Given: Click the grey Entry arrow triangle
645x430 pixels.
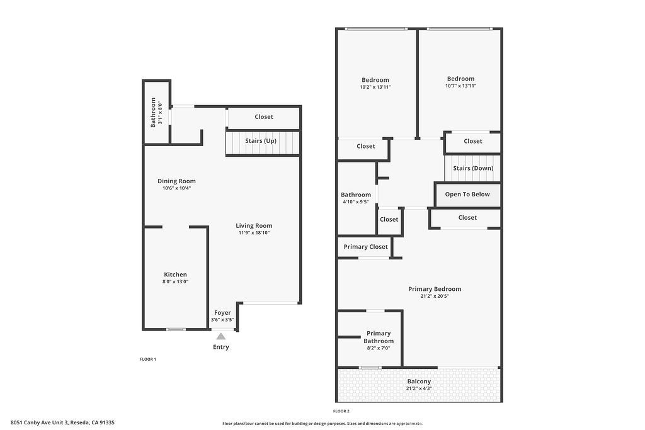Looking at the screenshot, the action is [x=221, y=336].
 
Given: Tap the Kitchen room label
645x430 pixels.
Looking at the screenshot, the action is [x=175, y=274].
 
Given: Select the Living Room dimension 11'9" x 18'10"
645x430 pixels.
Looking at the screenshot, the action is [x=254, y=233].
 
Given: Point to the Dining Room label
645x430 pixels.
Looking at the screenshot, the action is [x=176, y=181].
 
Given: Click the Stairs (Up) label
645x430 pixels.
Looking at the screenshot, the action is [x=261, y=140].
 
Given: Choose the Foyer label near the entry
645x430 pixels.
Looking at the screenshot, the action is [x=222, y=313].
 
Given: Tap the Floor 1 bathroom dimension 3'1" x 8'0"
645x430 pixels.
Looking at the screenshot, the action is [x=160, y=113].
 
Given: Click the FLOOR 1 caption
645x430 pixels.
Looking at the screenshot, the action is [x=147, y=359].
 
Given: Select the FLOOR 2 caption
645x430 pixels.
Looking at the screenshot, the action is [x=341, y=411].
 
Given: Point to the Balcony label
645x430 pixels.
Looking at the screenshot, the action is [x=419, y=382].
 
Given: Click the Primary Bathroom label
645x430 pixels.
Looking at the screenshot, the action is [x=379, y=337].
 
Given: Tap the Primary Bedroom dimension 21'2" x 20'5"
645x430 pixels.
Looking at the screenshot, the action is [x=435, y=296].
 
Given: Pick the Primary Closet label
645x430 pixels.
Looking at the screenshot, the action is [x=366, y=247].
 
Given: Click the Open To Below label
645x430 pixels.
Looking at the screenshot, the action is [x=467, y=195].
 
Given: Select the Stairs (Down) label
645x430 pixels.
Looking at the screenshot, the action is [x=473, y=168].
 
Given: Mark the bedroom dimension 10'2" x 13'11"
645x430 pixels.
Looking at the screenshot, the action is [x=375, y=87].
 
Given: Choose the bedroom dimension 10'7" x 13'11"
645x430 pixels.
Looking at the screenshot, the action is [x=460, y=86].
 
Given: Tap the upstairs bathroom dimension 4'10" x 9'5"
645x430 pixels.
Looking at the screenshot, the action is [x=356, y=202].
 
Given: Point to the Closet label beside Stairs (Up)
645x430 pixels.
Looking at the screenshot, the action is [x=264, y=116].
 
